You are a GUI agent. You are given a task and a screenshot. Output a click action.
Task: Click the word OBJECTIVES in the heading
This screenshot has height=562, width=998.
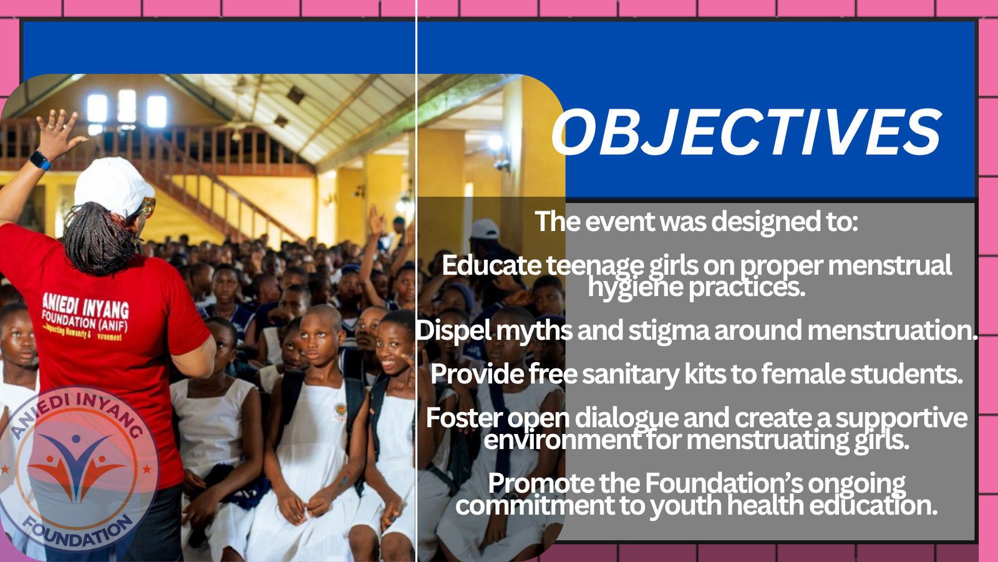pyautogui.click(x=746, y=133)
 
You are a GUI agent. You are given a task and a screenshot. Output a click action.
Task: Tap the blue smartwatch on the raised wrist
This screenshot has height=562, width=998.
pyautogui.click(x=40, y=160)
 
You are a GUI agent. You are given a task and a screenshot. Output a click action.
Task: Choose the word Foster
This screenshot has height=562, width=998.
pyautogui.click(x=463, y=418)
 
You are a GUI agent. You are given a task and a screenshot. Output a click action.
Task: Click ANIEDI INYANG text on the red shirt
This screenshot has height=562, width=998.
pyautogui.click(x=85, y=307)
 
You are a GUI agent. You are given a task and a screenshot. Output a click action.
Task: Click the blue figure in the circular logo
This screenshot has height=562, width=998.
pyautogui.click(x=75, y=466)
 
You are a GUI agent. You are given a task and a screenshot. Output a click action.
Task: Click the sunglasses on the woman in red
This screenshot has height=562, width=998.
pyautogui.click(x=148, y=207)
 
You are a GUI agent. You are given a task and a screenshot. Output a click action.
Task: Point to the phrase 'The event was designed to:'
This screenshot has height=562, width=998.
pyautogui.click(x=696, y=222)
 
